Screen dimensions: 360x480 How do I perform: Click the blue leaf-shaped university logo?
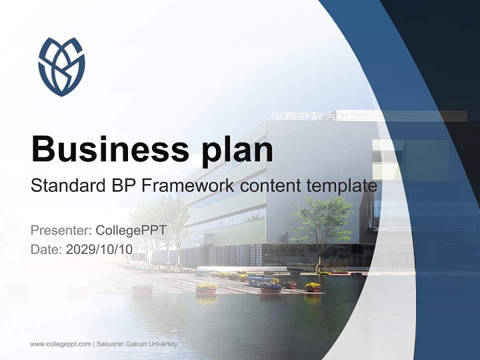[x=61, y=66]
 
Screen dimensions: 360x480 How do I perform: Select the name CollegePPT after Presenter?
[x=130, y=230]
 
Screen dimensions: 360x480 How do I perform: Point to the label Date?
[x=46, y=249]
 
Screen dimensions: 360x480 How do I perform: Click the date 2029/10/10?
[x=99, y=249]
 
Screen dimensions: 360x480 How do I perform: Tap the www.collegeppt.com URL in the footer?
[x=60, y=344]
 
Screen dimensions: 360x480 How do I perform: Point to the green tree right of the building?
[x=322, y=220]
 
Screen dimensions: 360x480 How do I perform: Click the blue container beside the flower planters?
[x=255, y=281]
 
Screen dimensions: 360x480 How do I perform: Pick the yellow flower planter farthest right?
[x=313, y=287]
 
